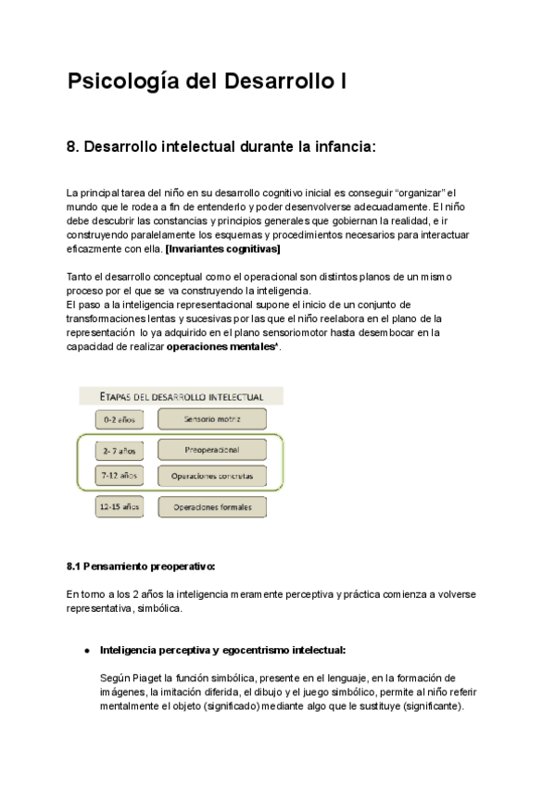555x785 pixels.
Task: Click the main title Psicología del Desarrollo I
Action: [x=208, y=82]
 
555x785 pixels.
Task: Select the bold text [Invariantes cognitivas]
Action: [x=222, y=249]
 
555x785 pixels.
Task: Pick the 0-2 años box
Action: [x=120, y=419]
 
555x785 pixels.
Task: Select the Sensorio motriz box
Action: [x=212, y=419]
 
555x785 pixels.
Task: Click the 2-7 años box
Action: [x=120, y=450]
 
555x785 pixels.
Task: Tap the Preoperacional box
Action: [x=212, y=450]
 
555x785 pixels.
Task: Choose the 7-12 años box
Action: [x=120, y=476]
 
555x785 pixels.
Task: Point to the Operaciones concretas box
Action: [x=212, y=477]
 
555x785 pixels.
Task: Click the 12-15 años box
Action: [x=120, y=507]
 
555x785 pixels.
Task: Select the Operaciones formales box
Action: [x=212, y=507]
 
